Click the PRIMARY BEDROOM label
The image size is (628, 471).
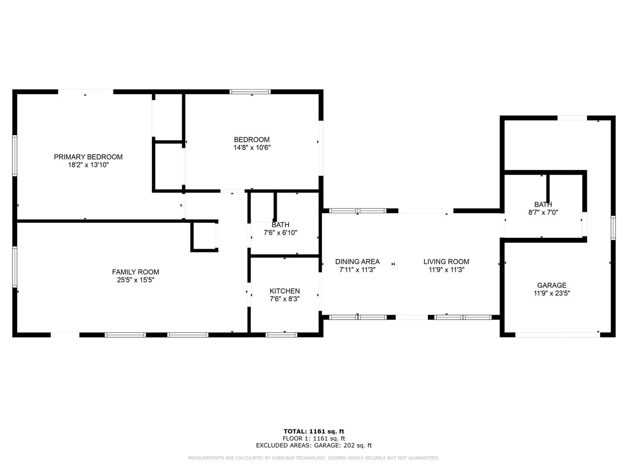click(x=88, y=157)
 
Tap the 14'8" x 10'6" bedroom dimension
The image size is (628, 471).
click(x=252, y=148)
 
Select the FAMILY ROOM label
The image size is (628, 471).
click(x=135, y=272)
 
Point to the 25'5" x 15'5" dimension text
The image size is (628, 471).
click(x=135, y=280)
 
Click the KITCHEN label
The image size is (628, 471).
click(x=284, y=291)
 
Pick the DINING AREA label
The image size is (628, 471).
click(x=358, y=261)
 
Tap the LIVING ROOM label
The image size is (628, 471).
click(x=446, y=261)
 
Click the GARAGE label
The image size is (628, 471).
click(x=552, y=285)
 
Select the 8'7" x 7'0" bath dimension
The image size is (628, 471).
click(x=543, y=212)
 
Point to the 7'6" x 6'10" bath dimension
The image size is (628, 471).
click(x=280, y=233)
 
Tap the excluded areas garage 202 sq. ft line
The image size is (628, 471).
click(x=314, y=445)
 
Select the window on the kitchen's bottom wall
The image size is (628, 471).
click(x=281, y=335)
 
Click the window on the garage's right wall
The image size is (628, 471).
click(x=613, y=228)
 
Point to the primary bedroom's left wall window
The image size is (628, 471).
click(x=14, y=156)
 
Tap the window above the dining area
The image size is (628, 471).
click(x=358, y=211)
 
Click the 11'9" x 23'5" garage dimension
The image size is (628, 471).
click(x=552, y=293)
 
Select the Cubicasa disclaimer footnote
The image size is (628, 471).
click(x=314, y=458)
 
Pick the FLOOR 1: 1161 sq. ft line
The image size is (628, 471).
click(x=314, y=439)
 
